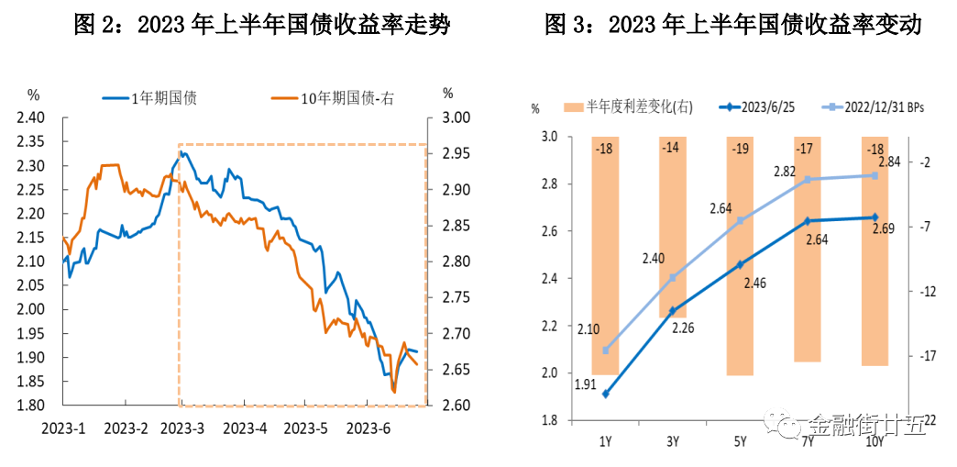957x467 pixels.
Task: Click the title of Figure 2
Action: pyautogui.click(x=262, y=25)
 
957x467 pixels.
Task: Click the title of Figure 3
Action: pyautogui.click(x=732, y=25)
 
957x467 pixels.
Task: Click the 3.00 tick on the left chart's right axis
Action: pyautogui.click(x=456, y=117)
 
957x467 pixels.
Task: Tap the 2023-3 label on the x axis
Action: pyautogui.click(x=185, y=428)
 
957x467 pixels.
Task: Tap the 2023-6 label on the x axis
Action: pyautogui.click(x=368, y=428)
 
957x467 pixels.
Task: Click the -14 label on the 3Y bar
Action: pyautogui.click(x=672, y=149)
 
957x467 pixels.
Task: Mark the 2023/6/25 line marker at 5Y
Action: pyautogui.click(x=740, y=264)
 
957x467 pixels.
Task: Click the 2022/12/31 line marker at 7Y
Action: pyautogui.click(x=808, y=180)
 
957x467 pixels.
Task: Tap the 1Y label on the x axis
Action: pyautogui.click(x=605, y=442)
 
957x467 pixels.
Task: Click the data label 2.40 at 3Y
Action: pyautogui.click(x=653, y=258)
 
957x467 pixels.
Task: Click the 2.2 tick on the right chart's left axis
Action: pyautogui.click(x=550, y=326)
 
